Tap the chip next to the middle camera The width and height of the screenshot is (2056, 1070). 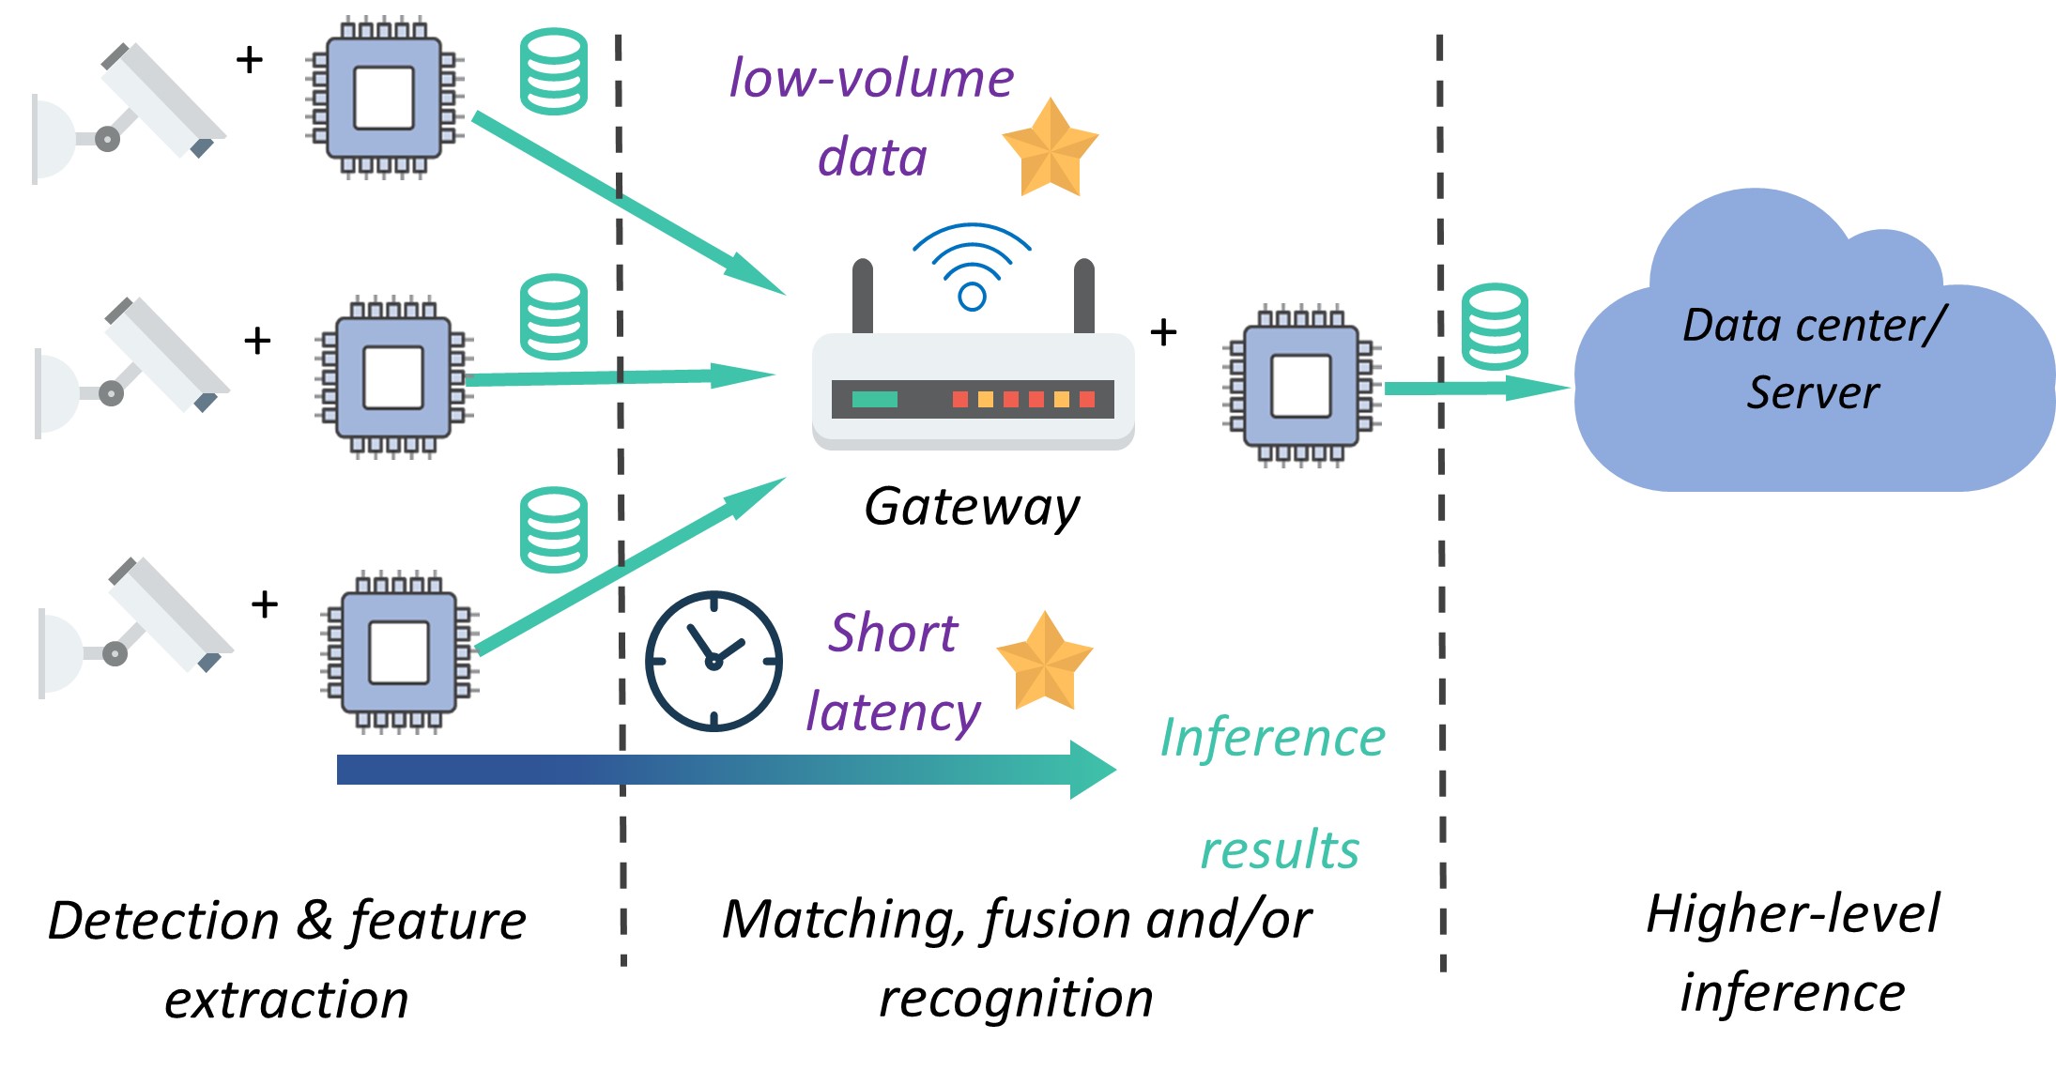tap(393, 376)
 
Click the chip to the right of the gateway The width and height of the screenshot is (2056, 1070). tap(1300, 385)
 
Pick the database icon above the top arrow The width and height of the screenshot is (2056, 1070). tap(554, 71)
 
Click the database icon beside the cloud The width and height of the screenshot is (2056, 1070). tap(1495, 327)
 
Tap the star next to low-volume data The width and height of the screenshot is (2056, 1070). tap(1050, 148)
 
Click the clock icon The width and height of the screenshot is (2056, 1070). tap(713, 661)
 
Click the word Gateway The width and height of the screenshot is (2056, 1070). tap(972, 508)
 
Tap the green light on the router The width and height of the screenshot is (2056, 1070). tap(874, 399)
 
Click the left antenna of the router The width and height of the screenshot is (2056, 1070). tap(862, 296)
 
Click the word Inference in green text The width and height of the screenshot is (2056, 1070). tap(1272, 738)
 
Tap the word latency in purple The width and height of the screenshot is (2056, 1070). tap(893, 712)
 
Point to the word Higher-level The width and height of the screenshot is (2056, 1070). tap(1792, 914)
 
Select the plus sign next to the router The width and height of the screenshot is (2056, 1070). tap(1163, 332)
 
